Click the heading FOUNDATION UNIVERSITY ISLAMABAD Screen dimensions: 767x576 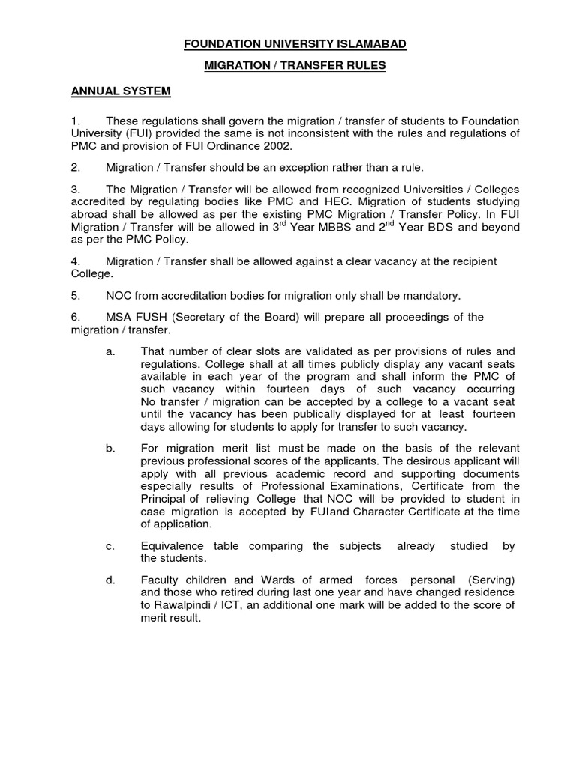click(x=295, y=45)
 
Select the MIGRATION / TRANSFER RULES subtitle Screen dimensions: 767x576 click(x=295, y=66)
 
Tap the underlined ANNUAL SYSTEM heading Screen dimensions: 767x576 click(x=121, y=91)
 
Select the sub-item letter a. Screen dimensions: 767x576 click(x=109, y=351)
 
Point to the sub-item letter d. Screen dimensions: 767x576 click(x=109, y=580)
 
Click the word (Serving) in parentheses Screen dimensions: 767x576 click(x=490, y=580)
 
